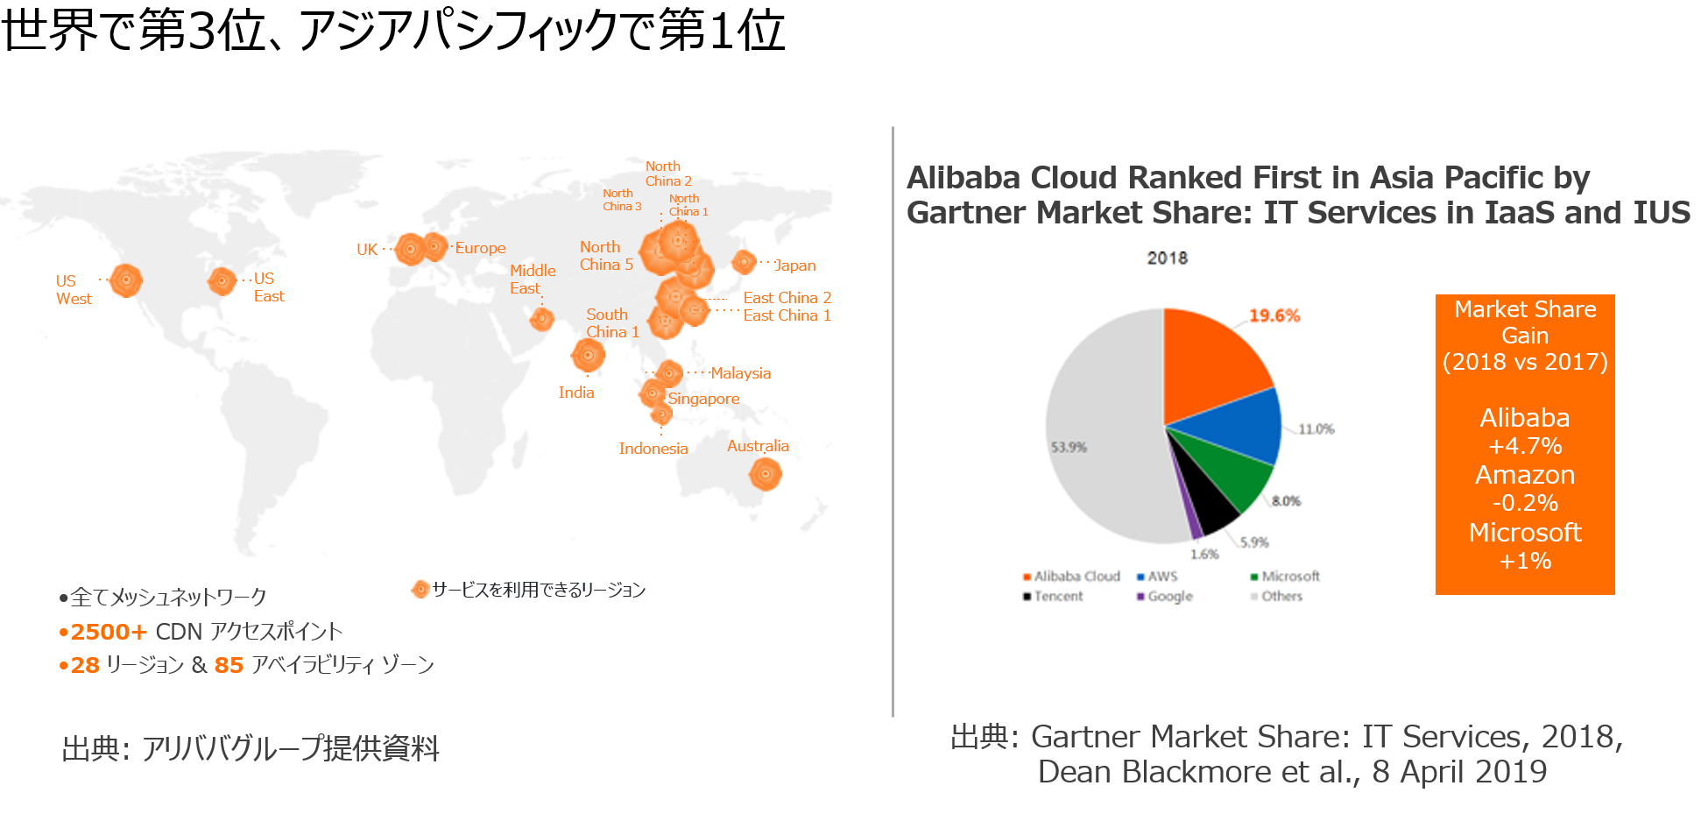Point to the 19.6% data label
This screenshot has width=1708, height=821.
click(1274, 315)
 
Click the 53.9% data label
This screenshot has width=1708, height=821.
click(1069, 447)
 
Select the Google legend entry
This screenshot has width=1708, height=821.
click(1165, 596)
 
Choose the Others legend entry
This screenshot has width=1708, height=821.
click(1277, 596)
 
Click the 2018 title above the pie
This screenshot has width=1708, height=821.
click(1168, 258)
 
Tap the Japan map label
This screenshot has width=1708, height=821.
click(795, 265)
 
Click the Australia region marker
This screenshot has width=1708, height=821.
click(765, 474)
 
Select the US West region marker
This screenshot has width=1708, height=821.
click(126, 280)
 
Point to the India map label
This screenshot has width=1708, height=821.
click(576, 393)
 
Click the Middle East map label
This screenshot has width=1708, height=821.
click(533, 280)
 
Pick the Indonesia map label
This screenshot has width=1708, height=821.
click(653, 449)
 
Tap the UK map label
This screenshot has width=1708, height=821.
click(367, 250)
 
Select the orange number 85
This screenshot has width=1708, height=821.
click(229, 665)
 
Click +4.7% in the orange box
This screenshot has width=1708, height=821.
click(1525, 446)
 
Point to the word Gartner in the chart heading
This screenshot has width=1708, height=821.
click(962, 213)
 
